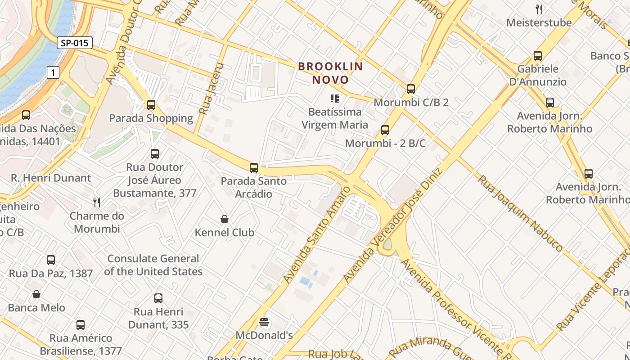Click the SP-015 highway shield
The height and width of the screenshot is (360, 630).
pos(75,43)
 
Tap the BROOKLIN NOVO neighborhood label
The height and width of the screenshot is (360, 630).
pos(330,73)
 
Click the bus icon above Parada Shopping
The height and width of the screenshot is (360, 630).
pos(151,105)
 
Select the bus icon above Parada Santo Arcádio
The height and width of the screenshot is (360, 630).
pos(254,168)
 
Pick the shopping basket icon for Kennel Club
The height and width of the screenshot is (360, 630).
pos(225,219)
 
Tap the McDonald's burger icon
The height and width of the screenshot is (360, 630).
pos(264,322)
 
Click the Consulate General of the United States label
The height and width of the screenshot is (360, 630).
pos(153,265)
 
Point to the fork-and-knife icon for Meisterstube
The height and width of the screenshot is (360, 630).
pos(539,9)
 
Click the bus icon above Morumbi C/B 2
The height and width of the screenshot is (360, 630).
pos(411,89)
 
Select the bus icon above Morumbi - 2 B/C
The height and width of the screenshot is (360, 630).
pos(385,130)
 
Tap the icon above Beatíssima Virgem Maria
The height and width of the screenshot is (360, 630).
pos(334,98)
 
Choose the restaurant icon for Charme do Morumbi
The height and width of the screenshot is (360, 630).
pos(97,202)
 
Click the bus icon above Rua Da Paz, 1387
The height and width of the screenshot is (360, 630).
pos(51,260)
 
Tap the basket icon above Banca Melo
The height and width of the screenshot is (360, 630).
pos(36,294)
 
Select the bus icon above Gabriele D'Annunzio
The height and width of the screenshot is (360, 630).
pos(538,56)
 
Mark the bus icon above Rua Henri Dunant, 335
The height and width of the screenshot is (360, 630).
pos(158,298)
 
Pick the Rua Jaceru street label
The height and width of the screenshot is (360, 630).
pos(211,89)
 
